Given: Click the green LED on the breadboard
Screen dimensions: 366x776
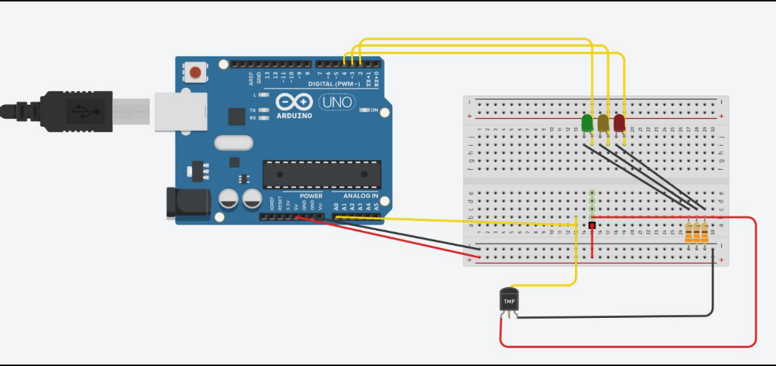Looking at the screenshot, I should pos(588,122).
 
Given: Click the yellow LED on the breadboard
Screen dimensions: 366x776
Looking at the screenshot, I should pos(604,123).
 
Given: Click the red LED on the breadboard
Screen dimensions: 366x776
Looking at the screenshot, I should pos(619,123).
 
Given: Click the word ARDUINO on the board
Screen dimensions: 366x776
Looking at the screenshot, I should pos(294,116).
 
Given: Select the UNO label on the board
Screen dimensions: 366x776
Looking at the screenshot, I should pos(336,101).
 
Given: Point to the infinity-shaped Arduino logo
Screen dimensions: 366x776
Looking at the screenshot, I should pos(294,102).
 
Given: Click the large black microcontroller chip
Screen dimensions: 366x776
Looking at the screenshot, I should pos(321,174).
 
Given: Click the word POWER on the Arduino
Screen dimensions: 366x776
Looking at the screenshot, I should pos(311,196).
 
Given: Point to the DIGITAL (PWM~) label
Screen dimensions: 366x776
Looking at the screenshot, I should pos(337,83).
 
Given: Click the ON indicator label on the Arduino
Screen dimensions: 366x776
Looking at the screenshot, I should pos(373,110).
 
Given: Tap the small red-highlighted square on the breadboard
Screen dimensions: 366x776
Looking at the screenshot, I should pos(592,225).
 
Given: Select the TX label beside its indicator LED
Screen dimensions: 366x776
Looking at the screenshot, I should pos(253,110).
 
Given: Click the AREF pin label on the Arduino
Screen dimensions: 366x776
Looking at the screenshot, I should pos(251,77).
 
